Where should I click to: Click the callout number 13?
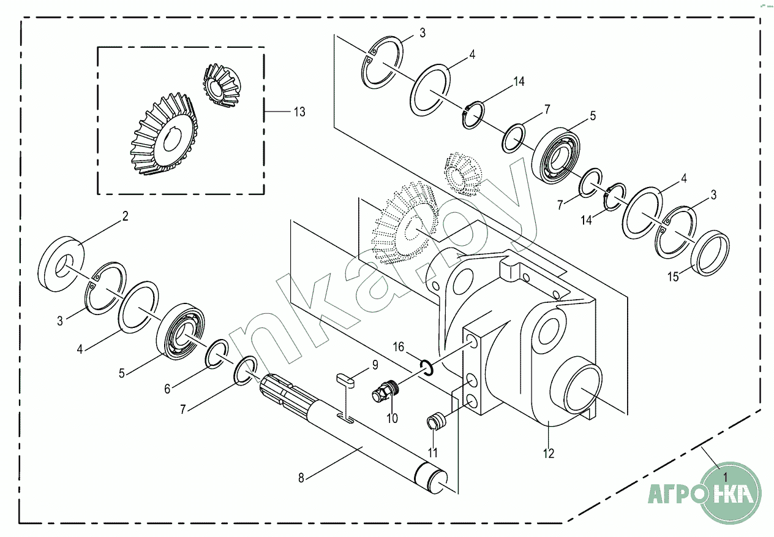click(299, 112)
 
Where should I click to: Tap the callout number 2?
click(125, 216)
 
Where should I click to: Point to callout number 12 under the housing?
click(548, 454)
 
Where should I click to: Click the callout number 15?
click(672, 277)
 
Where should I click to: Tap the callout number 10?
click(392, 419)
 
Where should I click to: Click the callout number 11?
click(432, 454)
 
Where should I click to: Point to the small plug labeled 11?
click(434, 422)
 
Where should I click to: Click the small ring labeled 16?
click(428, 367)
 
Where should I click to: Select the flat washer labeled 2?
click(61, 263)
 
